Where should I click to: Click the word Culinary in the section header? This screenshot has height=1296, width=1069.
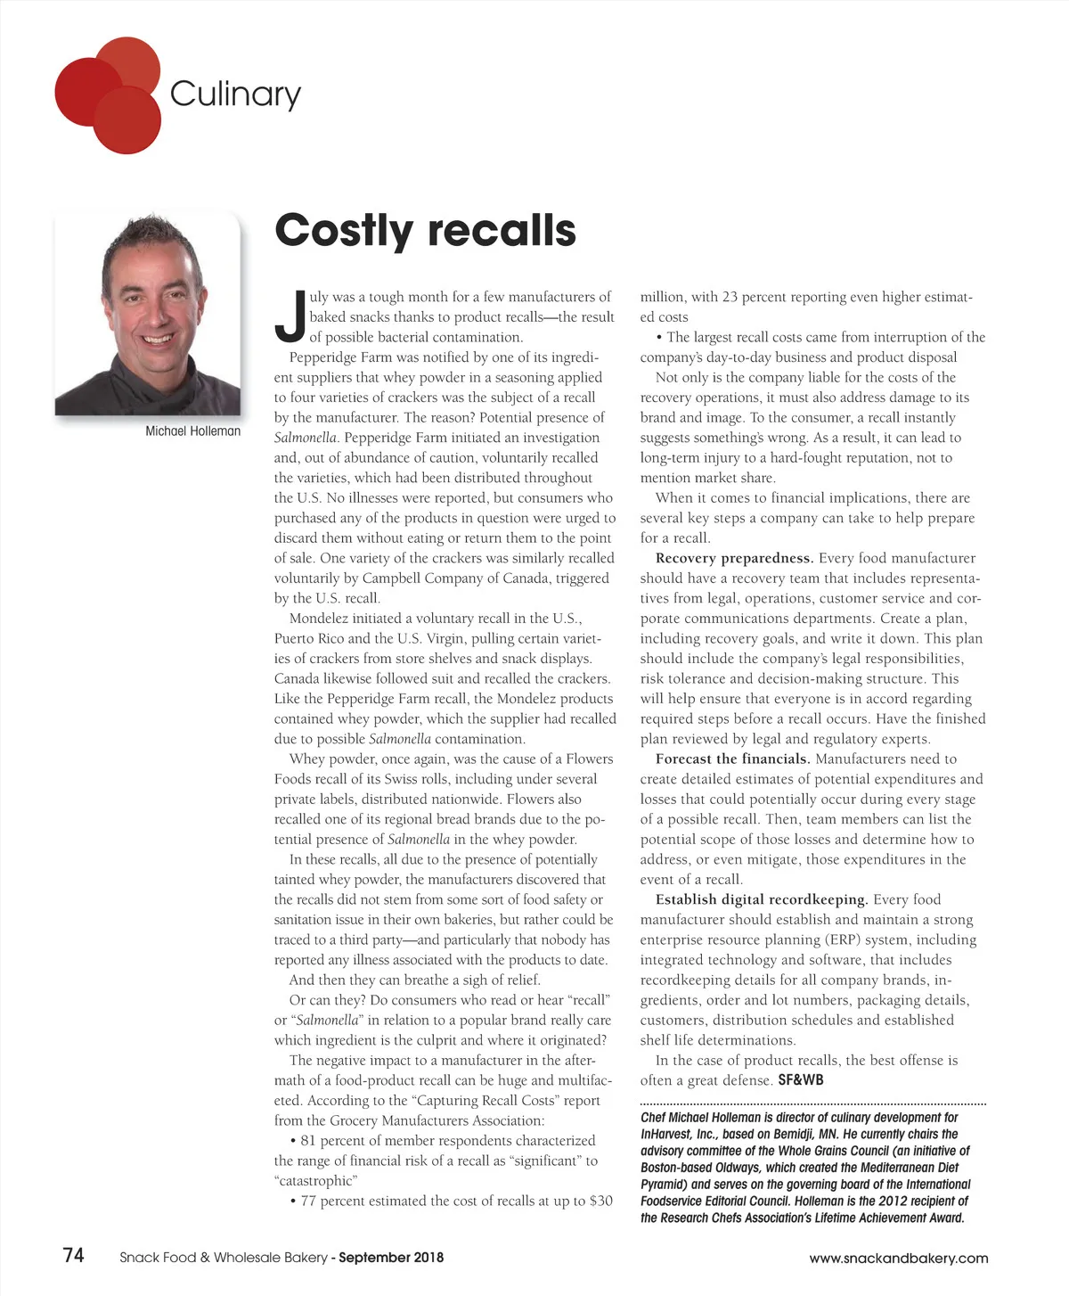(235, 94)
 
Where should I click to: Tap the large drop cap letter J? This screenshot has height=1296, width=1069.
(290, 316)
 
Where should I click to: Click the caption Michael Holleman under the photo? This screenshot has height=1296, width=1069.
(192, 431)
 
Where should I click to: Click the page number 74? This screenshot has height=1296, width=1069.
(74, 1255)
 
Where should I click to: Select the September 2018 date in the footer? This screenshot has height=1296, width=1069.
(391, 1258)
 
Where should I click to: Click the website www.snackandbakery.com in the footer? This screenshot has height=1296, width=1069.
(898, 1258)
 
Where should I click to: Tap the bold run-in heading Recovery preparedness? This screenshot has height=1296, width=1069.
(733, 558)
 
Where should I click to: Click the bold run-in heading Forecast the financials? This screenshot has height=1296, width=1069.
(732, 759)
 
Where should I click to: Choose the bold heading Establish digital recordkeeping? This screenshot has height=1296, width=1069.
(761, 899)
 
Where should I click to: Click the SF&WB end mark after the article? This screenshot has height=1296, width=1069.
(801, 1080)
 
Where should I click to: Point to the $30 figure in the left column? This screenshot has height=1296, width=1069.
(601, 1201)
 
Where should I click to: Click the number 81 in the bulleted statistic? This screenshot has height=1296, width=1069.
(308, 1141)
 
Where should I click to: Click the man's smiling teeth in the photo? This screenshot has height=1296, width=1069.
(158, 339)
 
